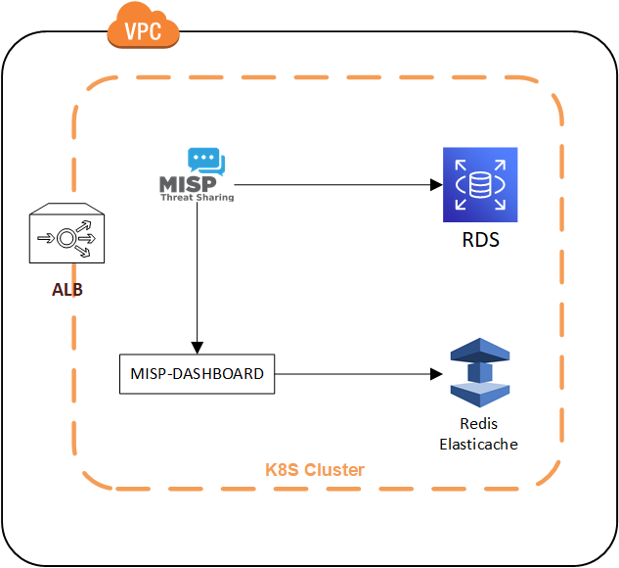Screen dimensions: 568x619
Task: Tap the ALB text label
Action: point(67,290)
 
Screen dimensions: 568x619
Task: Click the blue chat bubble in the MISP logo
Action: point(205,161)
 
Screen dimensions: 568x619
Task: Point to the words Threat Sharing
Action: point(197,197)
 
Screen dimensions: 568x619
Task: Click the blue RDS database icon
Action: point(479,184)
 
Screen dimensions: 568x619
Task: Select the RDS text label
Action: point(480,239)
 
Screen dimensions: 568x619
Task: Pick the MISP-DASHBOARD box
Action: point(197,373)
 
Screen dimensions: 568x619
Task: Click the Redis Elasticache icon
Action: point(481,373)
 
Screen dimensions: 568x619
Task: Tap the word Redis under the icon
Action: point(480,425)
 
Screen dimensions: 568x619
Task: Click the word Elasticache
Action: point(480,444)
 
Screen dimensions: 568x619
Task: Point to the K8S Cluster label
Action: point(315,470)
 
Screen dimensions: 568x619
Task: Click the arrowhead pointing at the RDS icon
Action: point(435,184)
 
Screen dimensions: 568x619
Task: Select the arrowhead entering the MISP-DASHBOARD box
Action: point(197,347)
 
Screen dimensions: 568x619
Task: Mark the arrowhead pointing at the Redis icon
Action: point(435,373)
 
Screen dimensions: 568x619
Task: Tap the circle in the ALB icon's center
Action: point(67,236)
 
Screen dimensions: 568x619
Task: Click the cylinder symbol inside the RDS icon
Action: point(479,184)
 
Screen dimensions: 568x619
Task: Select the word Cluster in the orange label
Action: point(337,470)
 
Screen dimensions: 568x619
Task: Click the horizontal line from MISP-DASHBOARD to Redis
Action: point(352,373)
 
